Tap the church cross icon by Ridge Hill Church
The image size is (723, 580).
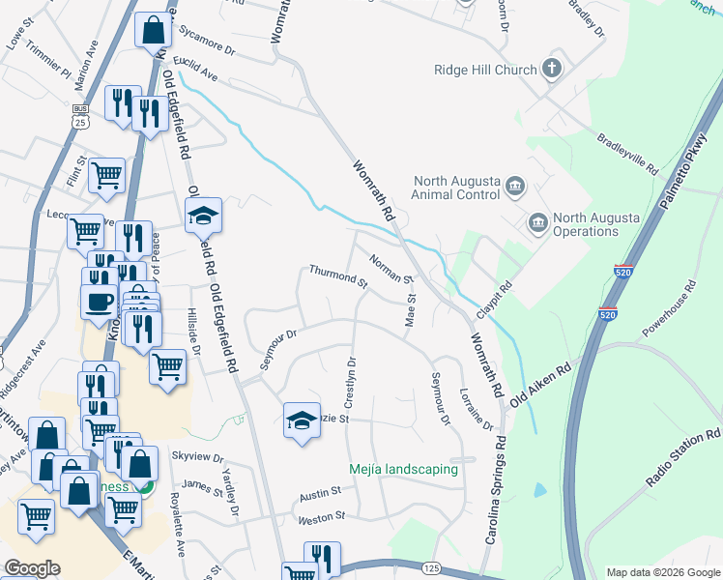click(551, 69)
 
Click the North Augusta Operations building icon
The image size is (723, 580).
click(537, 224)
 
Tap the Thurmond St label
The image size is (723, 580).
click(338, 277)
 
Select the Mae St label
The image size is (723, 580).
click(410, 311)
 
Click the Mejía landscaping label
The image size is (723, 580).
click(403, 470)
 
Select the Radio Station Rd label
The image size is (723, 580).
click(686, 460)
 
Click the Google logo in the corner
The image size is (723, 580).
click(33, 567)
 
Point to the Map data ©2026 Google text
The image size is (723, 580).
click(662, 572)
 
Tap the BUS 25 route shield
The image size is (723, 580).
click(80, 117)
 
